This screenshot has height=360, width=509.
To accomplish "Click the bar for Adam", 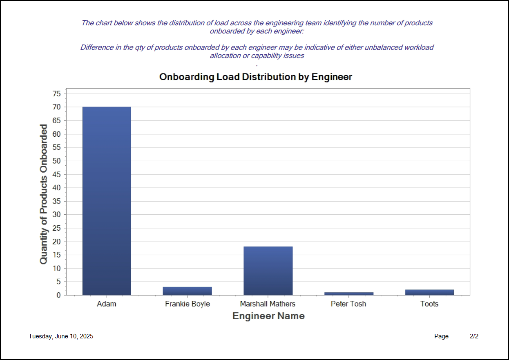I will pos(107,201).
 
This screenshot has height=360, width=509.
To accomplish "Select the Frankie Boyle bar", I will pos(187,291).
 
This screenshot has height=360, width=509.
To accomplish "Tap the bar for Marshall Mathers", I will pos(268,271).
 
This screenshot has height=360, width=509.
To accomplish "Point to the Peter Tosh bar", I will pos(348,293).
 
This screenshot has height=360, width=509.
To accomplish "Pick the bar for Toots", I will pos(429,292).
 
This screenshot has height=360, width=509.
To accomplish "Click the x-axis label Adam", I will pos(107,304).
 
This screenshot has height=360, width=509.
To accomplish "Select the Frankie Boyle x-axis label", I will pos(187,304).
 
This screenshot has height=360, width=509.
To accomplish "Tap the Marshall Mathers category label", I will pos(268,304).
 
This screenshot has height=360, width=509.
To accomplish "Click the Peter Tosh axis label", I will pos(348,304).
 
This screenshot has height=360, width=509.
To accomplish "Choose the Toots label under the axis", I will pos(429,304).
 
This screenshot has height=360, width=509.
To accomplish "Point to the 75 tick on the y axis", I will pos(56,94).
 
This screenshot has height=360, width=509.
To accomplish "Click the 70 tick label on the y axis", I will pos(56,107).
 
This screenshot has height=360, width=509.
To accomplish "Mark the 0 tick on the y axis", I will pos(58,295).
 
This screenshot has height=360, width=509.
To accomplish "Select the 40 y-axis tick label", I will pos(56,188).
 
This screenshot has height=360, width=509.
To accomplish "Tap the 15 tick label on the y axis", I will pos(56,255).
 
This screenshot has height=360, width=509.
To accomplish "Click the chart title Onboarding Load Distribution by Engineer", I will pos(255,77).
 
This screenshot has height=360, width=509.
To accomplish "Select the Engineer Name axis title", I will pos(268,316).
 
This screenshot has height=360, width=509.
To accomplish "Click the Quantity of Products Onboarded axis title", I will pos(44,194).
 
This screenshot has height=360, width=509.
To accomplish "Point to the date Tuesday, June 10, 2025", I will pos(61,336).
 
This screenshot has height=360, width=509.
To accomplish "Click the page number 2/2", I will pos(474,336).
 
